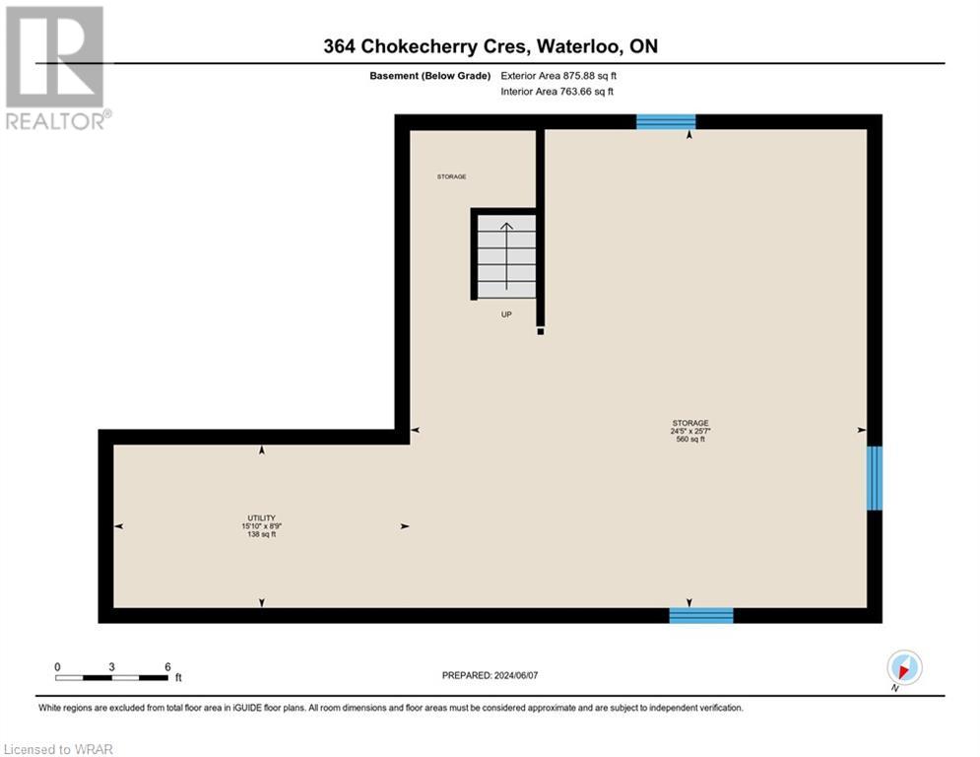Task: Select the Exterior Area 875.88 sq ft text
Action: tap(558, 75)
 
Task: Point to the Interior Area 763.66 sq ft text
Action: tap(556, 91)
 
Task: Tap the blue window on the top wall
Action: tap(666, 122)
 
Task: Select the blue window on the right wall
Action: tap(874, 478)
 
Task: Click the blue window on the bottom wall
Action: tap(701, 615)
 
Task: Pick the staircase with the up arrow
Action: tap(506, 255)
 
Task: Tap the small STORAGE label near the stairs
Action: tap(451, 176)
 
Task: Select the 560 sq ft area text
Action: tap(689, 440)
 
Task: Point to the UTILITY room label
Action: tap(261, 517)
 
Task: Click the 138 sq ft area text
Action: tap(261, 534)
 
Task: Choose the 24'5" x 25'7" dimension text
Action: tap(689, 431)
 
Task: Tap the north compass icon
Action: tap(903, 667)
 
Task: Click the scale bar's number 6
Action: tap(167, 666)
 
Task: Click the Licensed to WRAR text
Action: tap(59, 749)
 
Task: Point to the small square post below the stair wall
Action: tap(541, 332)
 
